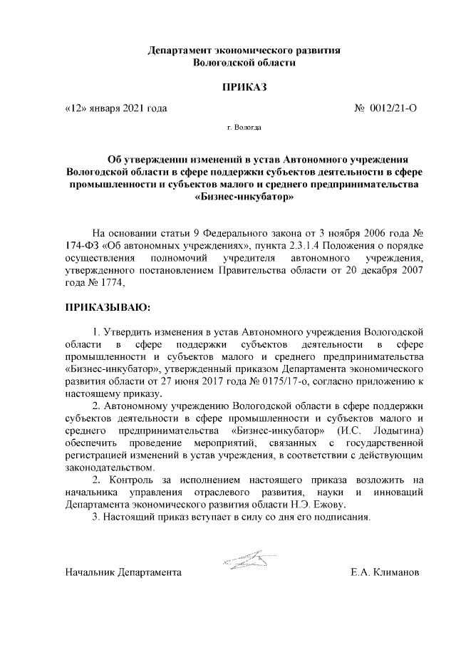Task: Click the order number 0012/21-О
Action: pos(393,108)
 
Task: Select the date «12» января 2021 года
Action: pos(115,108)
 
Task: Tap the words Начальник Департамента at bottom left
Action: pos(123,572)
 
